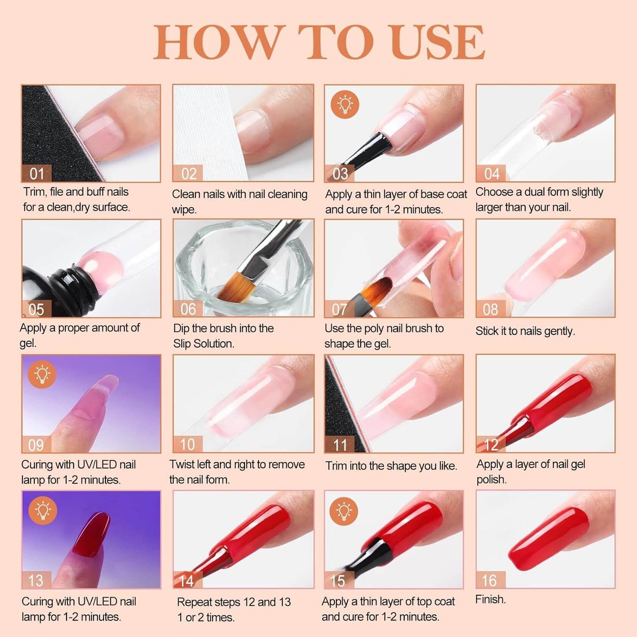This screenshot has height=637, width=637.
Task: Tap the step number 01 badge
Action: (37, 173)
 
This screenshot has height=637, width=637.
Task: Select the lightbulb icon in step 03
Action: (345, 104)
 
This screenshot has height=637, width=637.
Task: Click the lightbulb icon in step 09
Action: (42, 374)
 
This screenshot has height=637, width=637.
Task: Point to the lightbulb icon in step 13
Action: (43, 510)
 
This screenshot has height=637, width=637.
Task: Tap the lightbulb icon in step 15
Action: (344, 510)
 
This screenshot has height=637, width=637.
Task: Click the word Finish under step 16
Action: (491, 599)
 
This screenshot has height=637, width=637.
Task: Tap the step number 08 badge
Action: (491, 309)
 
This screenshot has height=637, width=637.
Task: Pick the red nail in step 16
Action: (548, 536)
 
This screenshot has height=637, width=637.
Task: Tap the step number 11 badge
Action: (340, 444)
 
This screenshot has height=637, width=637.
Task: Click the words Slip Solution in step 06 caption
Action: (204, 344)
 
